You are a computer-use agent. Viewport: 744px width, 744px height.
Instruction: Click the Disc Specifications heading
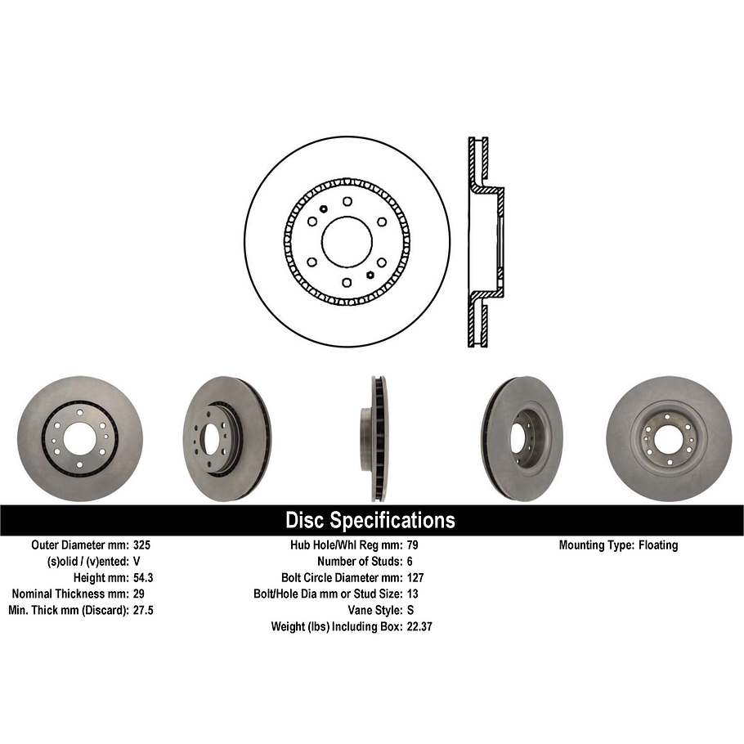click(370, 520)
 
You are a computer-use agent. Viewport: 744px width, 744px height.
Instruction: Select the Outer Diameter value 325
click(141, 545)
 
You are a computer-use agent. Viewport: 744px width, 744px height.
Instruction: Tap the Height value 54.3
click(143, 578)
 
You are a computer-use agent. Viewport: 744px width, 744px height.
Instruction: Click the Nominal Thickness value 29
click(138, 594)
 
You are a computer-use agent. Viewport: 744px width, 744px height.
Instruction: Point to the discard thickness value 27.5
click(143, 611)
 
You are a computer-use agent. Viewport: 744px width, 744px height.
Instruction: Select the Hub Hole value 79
click(412, 545)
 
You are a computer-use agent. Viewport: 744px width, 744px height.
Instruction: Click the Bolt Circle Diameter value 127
click(415, 578)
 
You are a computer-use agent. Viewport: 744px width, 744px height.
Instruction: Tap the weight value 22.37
click(419, 627)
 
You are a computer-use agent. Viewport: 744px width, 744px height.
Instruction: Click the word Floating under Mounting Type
click(660, 545)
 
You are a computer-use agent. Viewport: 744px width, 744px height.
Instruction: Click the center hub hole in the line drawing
click(347, 242)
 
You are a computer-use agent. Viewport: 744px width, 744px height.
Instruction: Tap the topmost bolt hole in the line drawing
click(347, 201)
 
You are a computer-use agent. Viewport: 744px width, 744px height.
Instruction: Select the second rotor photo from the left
click(226, 438)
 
